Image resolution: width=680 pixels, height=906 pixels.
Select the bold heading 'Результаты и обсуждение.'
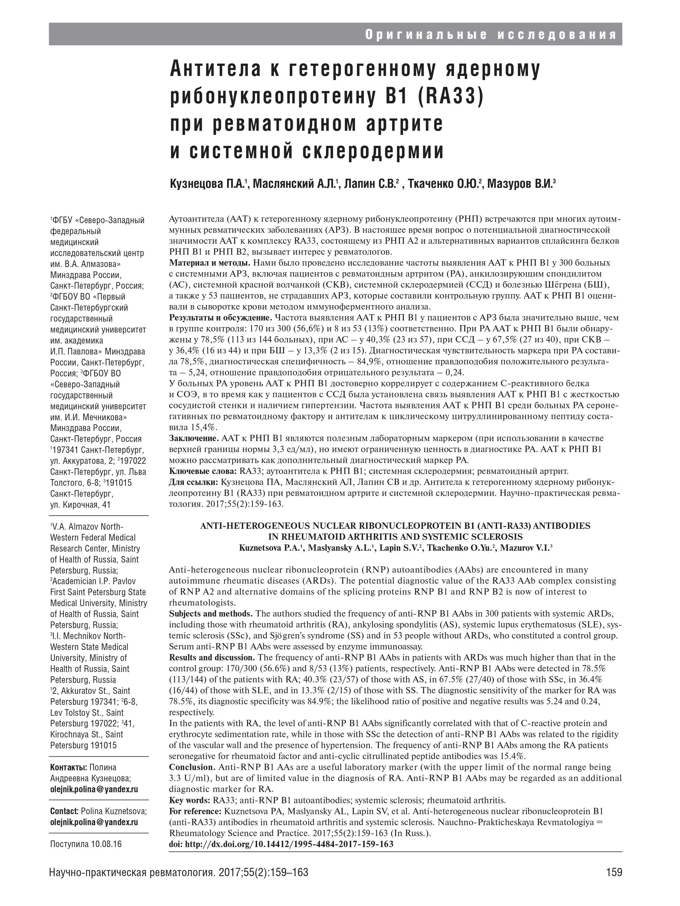(x=220, y=318)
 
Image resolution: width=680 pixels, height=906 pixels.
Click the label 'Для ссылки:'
(x=194, y=482)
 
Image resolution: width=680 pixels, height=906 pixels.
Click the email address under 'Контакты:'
(x=94, y=789)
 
